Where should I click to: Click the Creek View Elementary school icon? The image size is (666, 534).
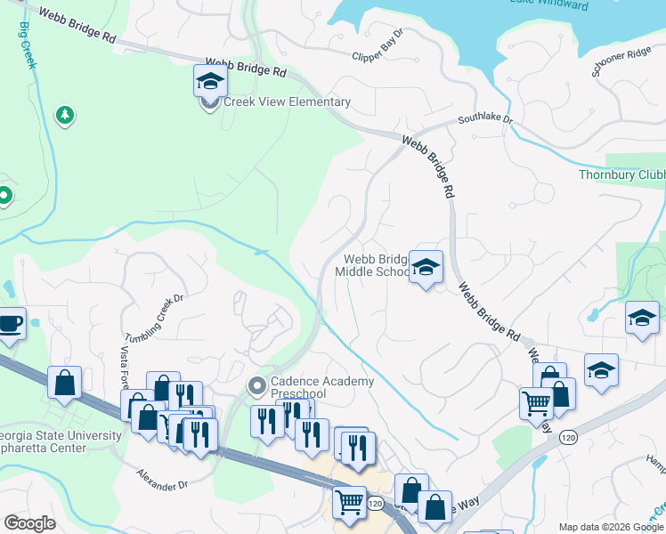[x=210, y=82]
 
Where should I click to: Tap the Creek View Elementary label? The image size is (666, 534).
[x=286, y=102]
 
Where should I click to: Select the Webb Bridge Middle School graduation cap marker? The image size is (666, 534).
[x=426, y=267]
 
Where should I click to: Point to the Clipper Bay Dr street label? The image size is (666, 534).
[x=378, y=47]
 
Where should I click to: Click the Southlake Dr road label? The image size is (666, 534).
[x=485, y=117]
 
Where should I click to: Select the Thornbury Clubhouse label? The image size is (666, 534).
[x=621, y=175]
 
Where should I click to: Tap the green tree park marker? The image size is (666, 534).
[x=64, y=115]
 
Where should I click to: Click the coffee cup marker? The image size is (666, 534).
[x=10, y=324]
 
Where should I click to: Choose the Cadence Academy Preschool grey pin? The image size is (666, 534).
[x=257, y=385]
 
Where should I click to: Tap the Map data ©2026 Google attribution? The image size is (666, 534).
[x=611, y=527]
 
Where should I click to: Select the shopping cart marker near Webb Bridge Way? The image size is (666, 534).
[x=536, y=403]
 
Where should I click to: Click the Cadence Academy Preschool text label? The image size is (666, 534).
[x=322, y=388]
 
